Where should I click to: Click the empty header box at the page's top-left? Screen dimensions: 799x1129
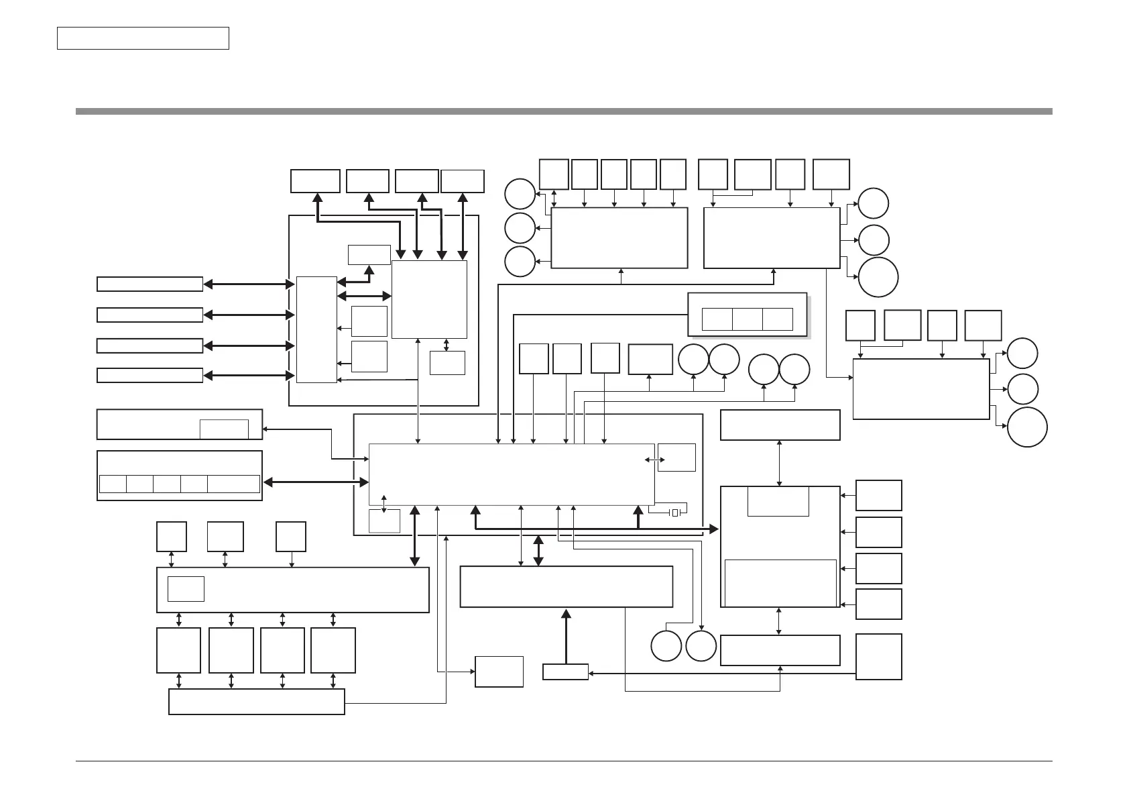[x=143, y=38]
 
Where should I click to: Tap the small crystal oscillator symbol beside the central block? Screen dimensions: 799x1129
[x=675, y=513]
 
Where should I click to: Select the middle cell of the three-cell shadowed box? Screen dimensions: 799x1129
[x=747, y=319]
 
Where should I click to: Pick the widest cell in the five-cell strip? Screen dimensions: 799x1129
[x=233, y=484]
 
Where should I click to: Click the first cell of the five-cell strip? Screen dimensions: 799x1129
[x=113, y=484]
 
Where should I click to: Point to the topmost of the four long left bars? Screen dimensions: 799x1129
[x=150, y=284]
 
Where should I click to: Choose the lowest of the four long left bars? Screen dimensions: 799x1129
[x=150, y=375]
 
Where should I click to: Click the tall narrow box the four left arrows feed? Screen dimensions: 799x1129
[x=316, y=329]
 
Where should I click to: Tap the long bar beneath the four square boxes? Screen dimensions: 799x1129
[x=256, y=702]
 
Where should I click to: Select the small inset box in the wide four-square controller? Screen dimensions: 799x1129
[x=186, y=588]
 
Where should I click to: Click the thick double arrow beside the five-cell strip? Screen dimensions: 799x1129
[x=316, y=482]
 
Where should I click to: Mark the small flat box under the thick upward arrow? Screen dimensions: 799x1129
[x=565, y=672]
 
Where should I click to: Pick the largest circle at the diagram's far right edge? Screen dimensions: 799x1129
[x=1027, y=427]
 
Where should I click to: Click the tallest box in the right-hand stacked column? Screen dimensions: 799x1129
[x=879, y=657]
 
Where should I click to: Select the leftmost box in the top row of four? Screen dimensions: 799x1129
[x=315, y=181]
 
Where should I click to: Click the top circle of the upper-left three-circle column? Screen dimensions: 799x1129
[x=520, y=194]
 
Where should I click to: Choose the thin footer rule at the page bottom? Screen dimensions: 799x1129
[x=564, y=761]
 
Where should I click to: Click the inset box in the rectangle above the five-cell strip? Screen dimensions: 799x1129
[x=224, y=429]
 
